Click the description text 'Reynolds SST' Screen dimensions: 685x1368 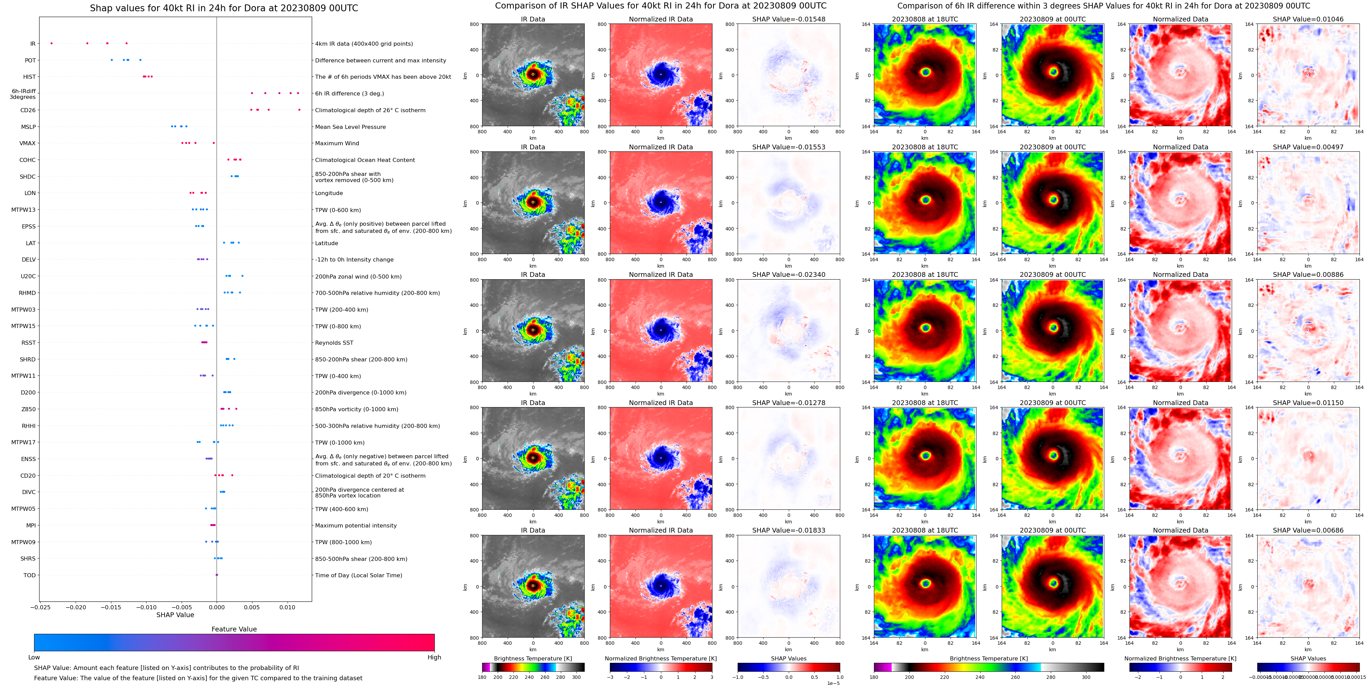(334, 343)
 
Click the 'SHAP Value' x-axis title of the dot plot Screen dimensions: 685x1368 (175, 615)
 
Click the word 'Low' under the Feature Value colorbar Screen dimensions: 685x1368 (34, 657)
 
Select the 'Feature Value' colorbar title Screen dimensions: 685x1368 (234, 629)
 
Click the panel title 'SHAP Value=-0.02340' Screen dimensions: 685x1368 (789, 275)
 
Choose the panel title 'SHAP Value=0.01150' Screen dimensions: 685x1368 (1308, 403)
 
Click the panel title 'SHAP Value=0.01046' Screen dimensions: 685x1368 (1308, 19)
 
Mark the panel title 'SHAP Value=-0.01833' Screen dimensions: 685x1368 (789, 530)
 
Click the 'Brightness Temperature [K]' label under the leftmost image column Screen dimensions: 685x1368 (533, 658)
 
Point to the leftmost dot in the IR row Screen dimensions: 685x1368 (51, 43)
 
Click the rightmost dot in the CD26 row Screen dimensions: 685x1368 (299, 110)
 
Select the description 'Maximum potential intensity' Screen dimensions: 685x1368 (356, 525)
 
